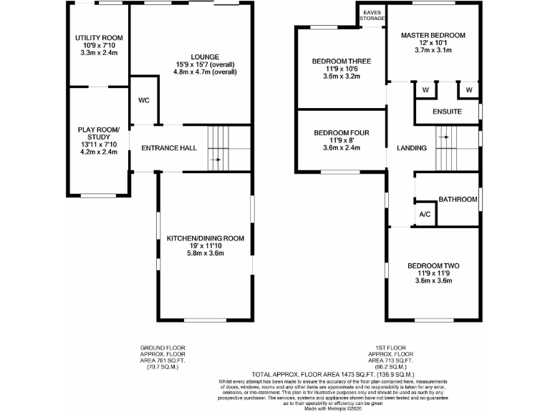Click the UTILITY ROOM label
(99, 37)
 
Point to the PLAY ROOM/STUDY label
(99, 133)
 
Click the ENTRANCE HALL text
(169, 148)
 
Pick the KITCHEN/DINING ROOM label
(206, 238)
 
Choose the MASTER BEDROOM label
(433, 35)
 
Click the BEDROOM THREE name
(341, 62)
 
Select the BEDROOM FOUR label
(341, 133)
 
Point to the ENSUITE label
(447, 112)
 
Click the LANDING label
(411, 148)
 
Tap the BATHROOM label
(457, 200)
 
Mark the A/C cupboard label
(424, 215)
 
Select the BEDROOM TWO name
(433, 265)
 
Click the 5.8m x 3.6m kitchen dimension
(206, 253)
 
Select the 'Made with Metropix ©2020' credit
(332, 408)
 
